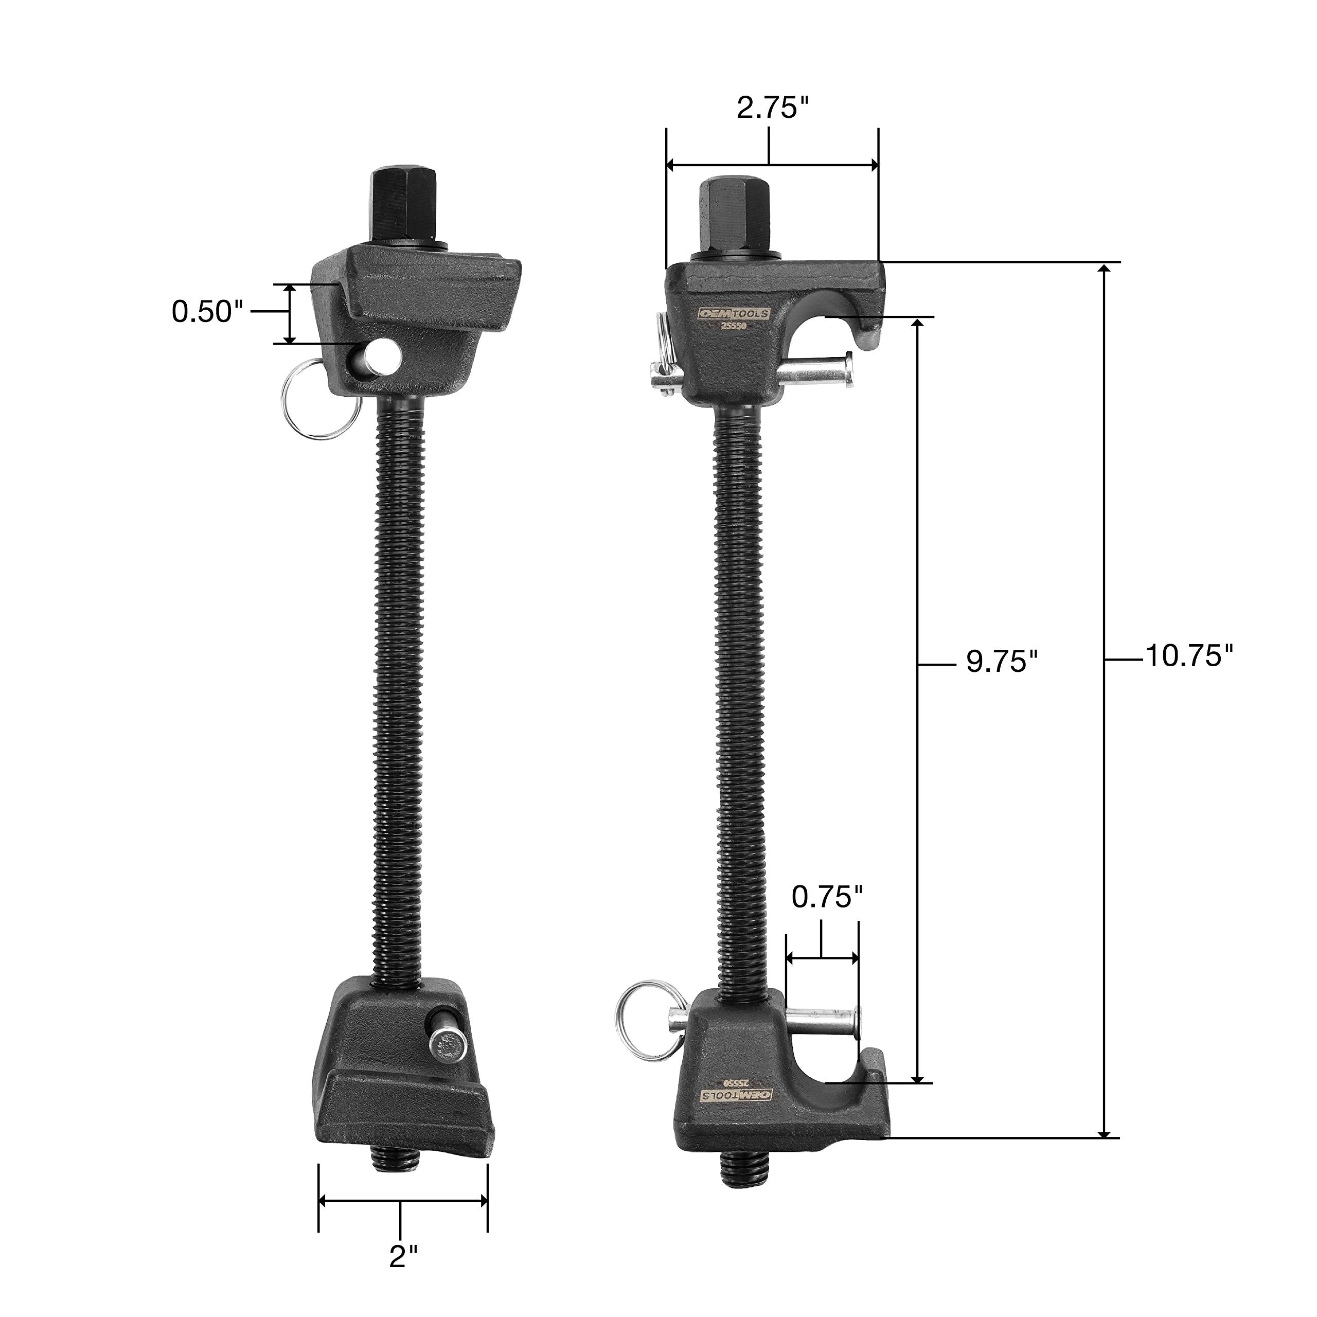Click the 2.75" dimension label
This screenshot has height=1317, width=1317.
[x=772, y=108]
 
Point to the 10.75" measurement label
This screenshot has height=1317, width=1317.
[x=1189, y=656]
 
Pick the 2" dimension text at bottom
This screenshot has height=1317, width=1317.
[x=403, y=1256]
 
